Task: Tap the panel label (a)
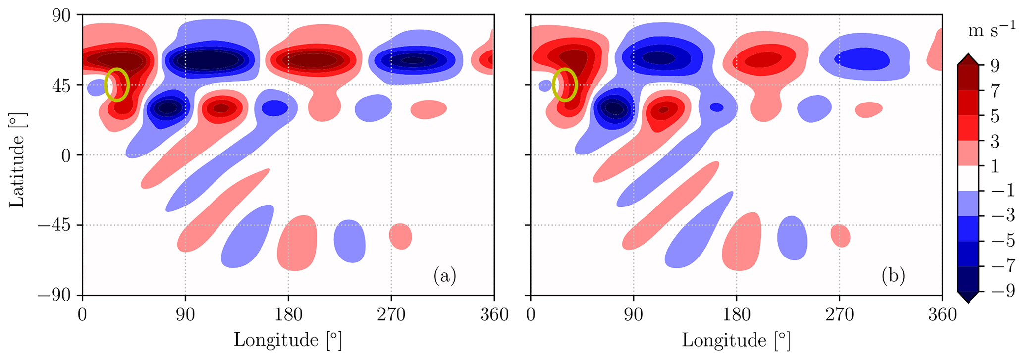[x=444, y=276]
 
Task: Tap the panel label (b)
[x=893, y=276]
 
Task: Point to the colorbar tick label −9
[x=1000, y=292]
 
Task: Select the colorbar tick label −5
[x=1000, y=241]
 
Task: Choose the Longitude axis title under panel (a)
[x=288, y=340]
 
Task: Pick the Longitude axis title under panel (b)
[x=736, y=340]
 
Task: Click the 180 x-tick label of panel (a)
[x=288, y=314]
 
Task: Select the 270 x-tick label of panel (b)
[x=839, y=314]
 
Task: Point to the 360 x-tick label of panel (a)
[x=494, y=314]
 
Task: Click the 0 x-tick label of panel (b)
[x=531, y=314]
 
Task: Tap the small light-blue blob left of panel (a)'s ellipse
[x=94, y=88]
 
